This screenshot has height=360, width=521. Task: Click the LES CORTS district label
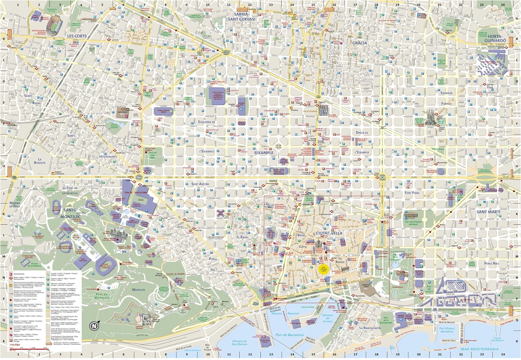tap(77, 36)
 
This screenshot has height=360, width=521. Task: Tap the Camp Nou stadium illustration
tap(54, 26)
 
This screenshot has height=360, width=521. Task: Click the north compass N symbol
tap(94, 326)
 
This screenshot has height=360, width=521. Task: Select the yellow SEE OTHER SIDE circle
tap(323, 268)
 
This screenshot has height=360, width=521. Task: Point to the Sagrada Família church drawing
tap(430, 117)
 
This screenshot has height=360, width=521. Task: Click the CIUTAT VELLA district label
tap(329, 233)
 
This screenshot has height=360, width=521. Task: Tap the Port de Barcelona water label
tap(289, 335)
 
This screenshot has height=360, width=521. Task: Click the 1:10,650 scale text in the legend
tap(15, 344)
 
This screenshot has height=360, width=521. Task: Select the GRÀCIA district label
tap(359, 43)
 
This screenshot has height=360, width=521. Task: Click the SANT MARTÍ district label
tap(488, 212)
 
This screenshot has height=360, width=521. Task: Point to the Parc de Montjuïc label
tap(102, 296)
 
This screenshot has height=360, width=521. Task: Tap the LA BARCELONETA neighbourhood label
tap(370, 328)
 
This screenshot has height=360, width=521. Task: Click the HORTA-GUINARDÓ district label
tap(495, 38)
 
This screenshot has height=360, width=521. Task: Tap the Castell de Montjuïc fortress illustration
tap(145, 319)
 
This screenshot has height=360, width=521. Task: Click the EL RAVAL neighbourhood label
tap(242, 237)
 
